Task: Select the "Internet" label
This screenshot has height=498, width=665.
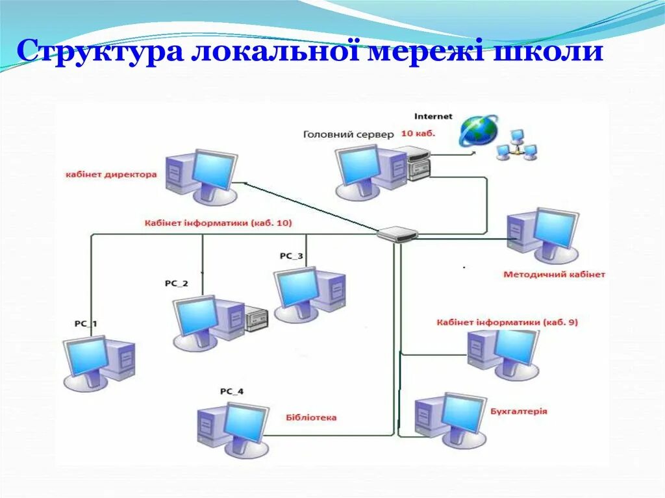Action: tap(433, 116)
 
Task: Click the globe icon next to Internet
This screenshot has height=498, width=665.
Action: tap(479, 130)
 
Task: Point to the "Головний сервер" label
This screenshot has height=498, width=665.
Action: tap(348, 134)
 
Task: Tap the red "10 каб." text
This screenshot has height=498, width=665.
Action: tap(418, 134)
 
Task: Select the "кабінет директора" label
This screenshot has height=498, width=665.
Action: tap(111, 175)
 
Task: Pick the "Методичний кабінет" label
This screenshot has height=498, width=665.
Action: tap(554, 275)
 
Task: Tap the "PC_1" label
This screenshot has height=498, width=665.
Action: tap(86, 323)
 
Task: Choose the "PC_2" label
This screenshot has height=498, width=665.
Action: tap(176, 283)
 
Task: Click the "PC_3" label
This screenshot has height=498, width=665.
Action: tap(292, 256)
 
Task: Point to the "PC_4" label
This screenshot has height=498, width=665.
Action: tap(232, 391)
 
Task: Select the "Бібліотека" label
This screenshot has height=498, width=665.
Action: tap(311, 417)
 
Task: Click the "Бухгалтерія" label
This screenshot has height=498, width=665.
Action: tap(518, 411)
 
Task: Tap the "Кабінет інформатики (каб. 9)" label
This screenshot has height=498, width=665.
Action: tap(507, 322)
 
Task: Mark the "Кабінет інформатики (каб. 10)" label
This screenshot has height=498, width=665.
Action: tap(218, 223)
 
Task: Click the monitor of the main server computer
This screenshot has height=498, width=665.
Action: tap(359, 164)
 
